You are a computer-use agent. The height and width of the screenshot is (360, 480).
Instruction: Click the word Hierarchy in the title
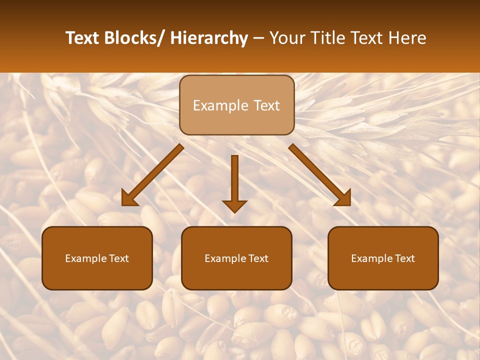[x=209, y=38]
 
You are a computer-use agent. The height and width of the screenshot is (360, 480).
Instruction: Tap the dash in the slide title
[x=258, y=39]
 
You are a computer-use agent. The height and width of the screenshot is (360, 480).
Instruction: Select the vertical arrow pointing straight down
[x=234, y=182]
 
